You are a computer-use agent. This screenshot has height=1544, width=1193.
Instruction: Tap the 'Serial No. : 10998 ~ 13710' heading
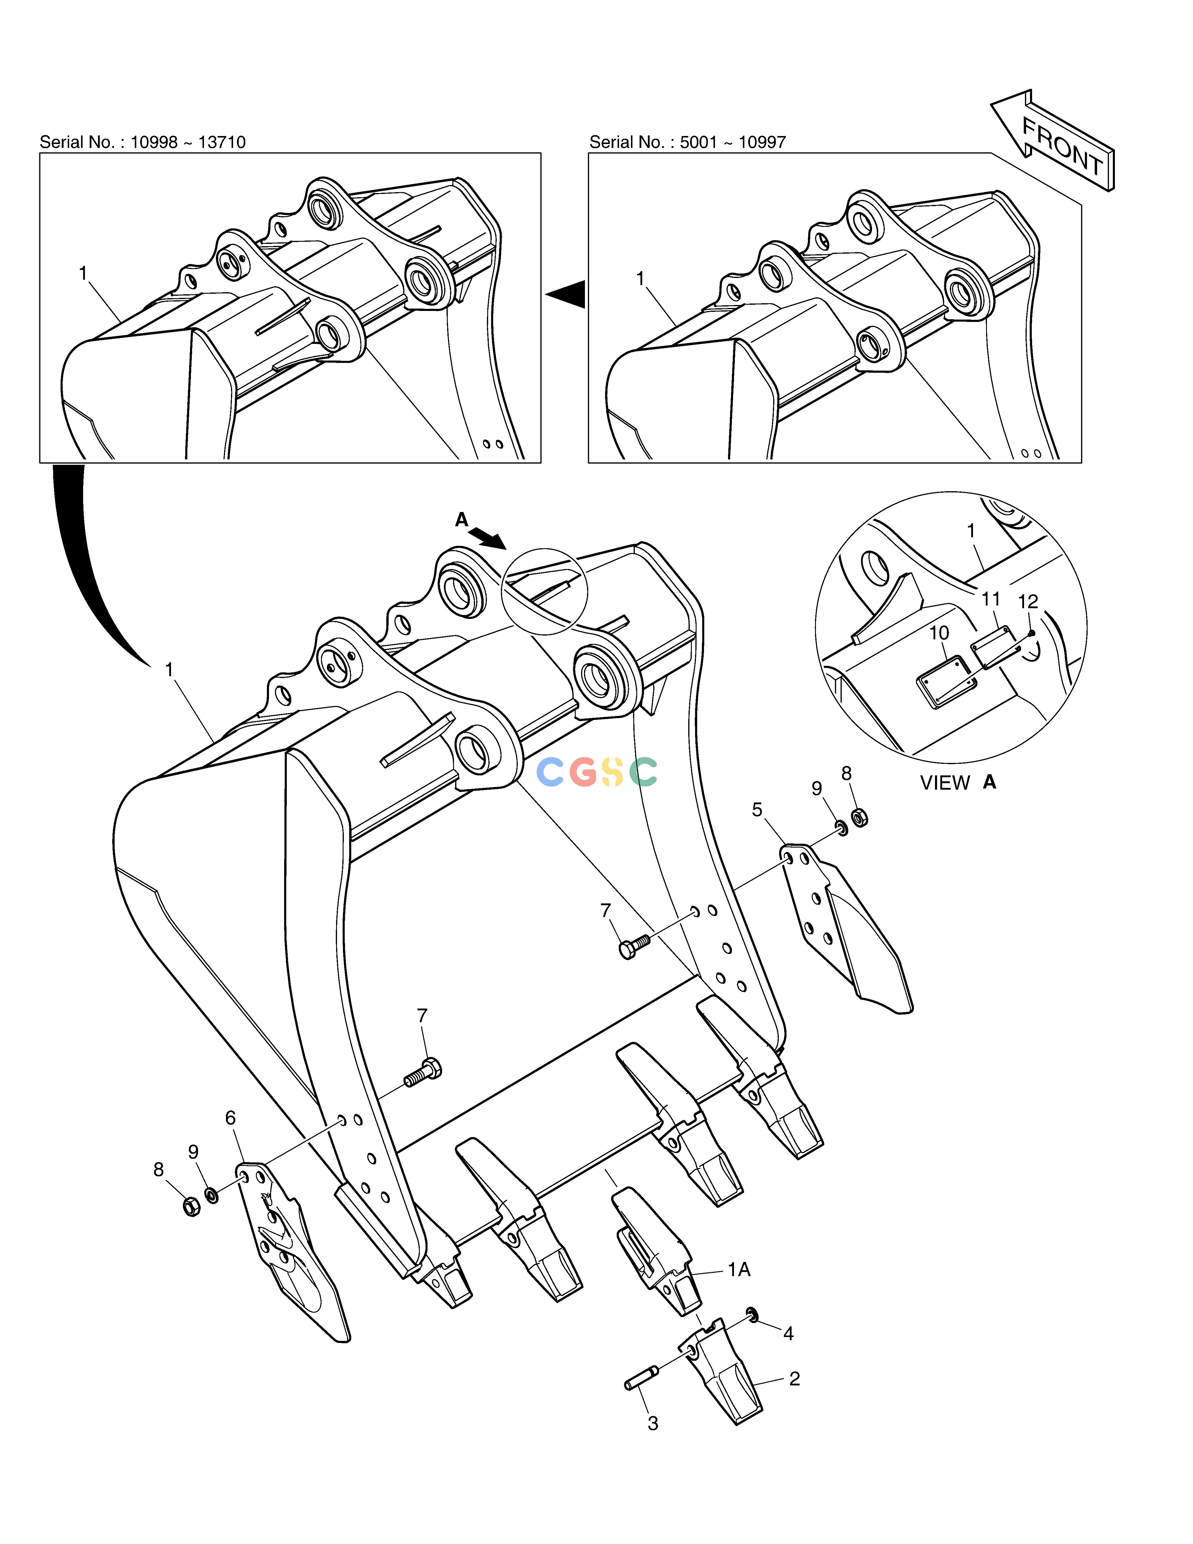pos(143,142)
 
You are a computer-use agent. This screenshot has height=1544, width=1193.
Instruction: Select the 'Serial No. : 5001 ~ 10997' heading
pos(688,142)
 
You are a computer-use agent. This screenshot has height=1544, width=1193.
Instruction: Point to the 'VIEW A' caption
pos(958,783)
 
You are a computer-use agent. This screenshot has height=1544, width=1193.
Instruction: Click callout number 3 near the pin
pos(653,1423)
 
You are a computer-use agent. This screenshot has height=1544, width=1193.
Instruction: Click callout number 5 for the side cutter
pos(757,810)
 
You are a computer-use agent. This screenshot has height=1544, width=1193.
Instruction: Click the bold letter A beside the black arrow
pos(461,520)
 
